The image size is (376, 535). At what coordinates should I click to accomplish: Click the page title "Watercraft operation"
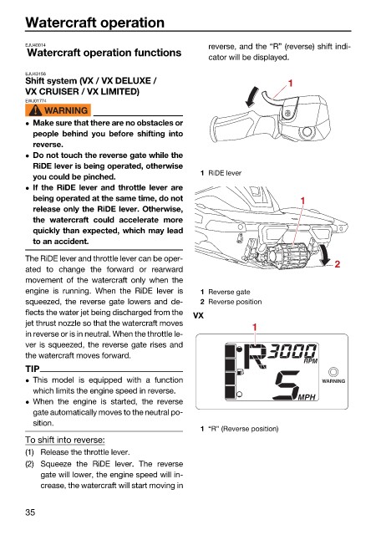pos(95,23)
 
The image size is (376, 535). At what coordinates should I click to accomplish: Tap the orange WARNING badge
pos(58,110)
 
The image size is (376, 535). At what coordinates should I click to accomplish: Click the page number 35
pos(30,512)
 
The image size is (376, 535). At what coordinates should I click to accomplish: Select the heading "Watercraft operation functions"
pos(104,53)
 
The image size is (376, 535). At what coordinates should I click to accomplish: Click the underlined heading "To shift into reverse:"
pos(65,440)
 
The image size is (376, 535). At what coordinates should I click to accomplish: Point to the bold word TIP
pos(33,369)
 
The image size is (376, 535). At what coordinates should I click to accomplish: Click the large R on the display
pos(256,357)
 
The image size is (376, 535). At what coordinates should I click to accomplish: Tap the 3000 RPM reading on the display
pos(292,353)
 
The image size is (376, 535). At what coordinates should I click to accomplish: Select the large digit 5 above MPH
pos(287,385)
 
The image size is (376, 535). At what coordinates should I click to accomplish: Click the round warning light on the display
pos(333,371)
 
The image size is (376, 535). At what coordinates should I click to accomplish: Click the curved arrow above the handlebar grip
pos(252,97)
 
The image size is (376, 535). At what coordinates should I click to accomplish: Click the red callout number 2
pos(337,264)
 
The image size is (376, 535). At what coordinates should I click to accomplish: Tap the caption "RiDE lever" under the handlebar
pos(225,173)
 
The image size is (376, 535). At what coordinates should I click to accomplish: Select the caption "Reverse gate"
pos(229,292)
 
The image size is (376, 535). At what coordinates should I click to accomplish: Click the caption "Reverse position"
pos(235,302)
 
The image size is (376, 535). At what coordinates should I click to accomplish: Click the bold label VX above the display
pos(198,315)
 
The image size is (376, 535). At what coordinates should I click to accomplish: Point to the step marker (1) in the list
pos(30,452)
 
